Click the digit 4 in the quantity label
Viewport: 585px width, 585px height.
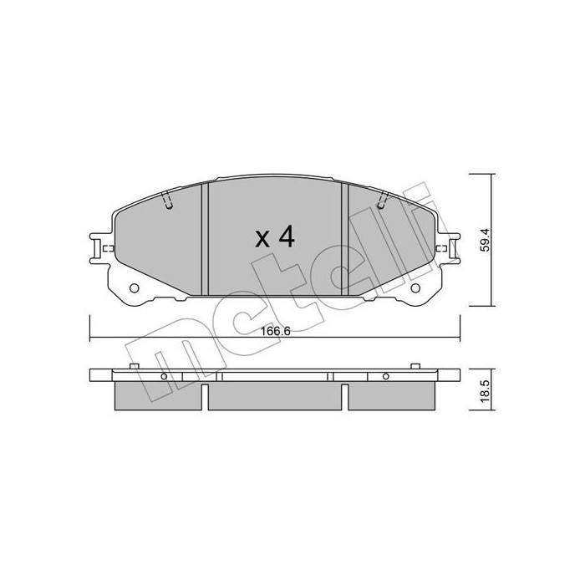coord(286,237)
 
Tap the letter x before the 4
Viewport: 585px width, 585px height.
coord(262,240)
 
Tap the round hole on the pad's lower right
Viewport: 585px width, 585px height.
coord(417,290)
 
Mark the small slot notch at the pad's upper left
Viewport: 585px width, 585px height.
coord(167,201)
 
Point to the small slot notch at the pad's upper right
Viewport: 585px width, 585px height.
coord(383,201)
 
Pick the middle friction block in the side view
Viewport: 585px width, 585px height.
coord(274,396)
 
